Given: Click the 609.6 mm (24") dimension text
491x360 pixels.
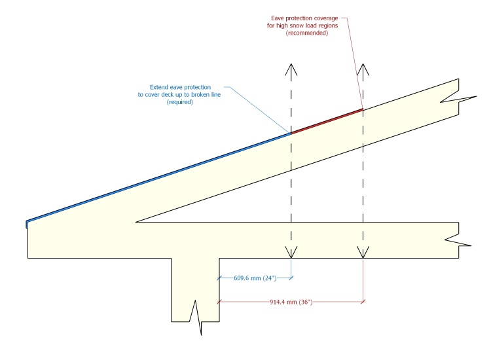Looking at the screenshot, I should pos(255,278).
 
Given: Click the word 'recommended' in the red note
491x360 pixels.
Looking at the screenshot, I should pos(307,33).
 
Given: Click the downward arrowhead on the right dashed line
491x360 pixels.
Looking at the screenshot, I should pos(363,253).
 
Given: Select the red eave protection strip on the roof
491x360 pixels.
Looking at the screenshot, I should pos(327,121).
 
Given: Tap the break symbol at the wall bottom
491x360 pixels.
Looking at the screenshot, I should pos(196,317).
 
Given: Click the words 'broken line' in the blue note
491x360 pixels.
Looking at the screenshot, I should pos(208,94).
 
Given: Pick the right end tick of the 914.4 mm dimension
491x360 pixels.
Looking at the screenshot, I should pos(363,302).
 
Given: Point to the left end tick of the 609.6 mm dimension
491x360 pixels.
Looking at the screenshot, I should pos(219,278).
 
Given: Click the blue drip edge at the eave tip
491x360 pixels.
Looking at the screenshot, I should pos(27,224).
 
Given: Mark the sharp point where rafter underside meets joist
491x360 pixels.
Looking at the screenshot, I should pos(136,222).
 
